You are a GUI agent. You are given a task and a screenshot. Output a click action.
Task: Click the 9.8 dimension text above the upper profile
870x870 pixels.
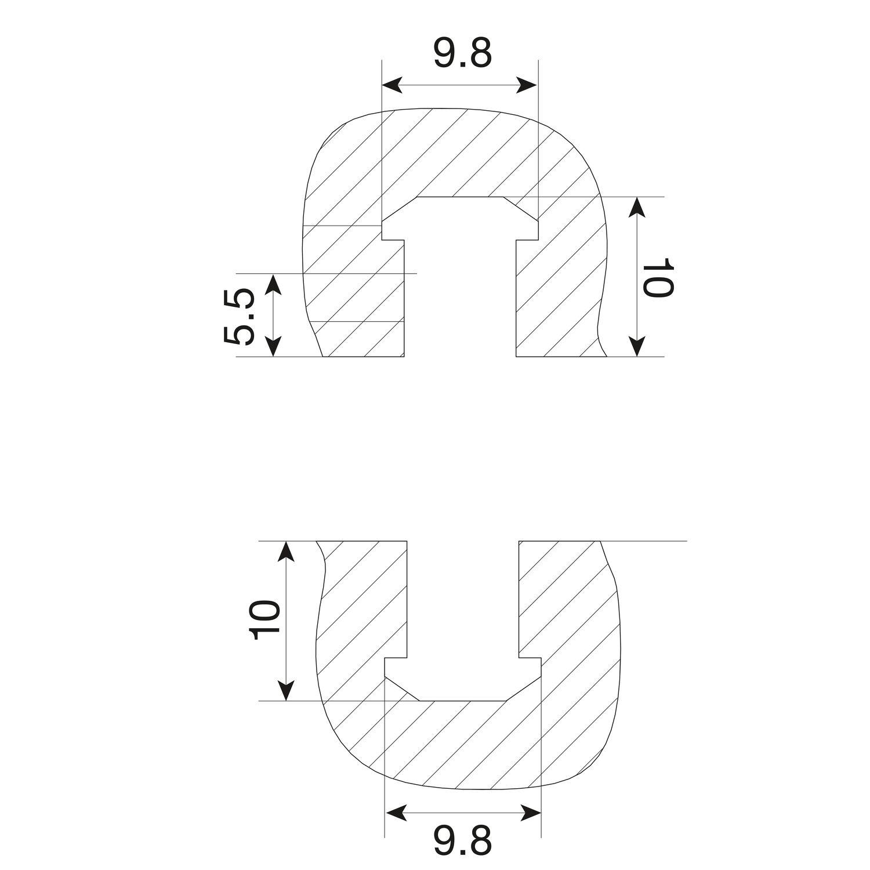click(462, 54)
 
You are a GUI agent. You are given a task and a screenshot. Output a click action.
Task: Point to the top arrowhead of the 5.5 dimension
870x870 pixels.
click(273, 283)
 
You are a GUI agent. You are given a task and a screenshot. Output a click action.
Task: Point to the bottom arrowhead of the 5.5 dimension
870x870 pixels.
click(273, 346)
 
